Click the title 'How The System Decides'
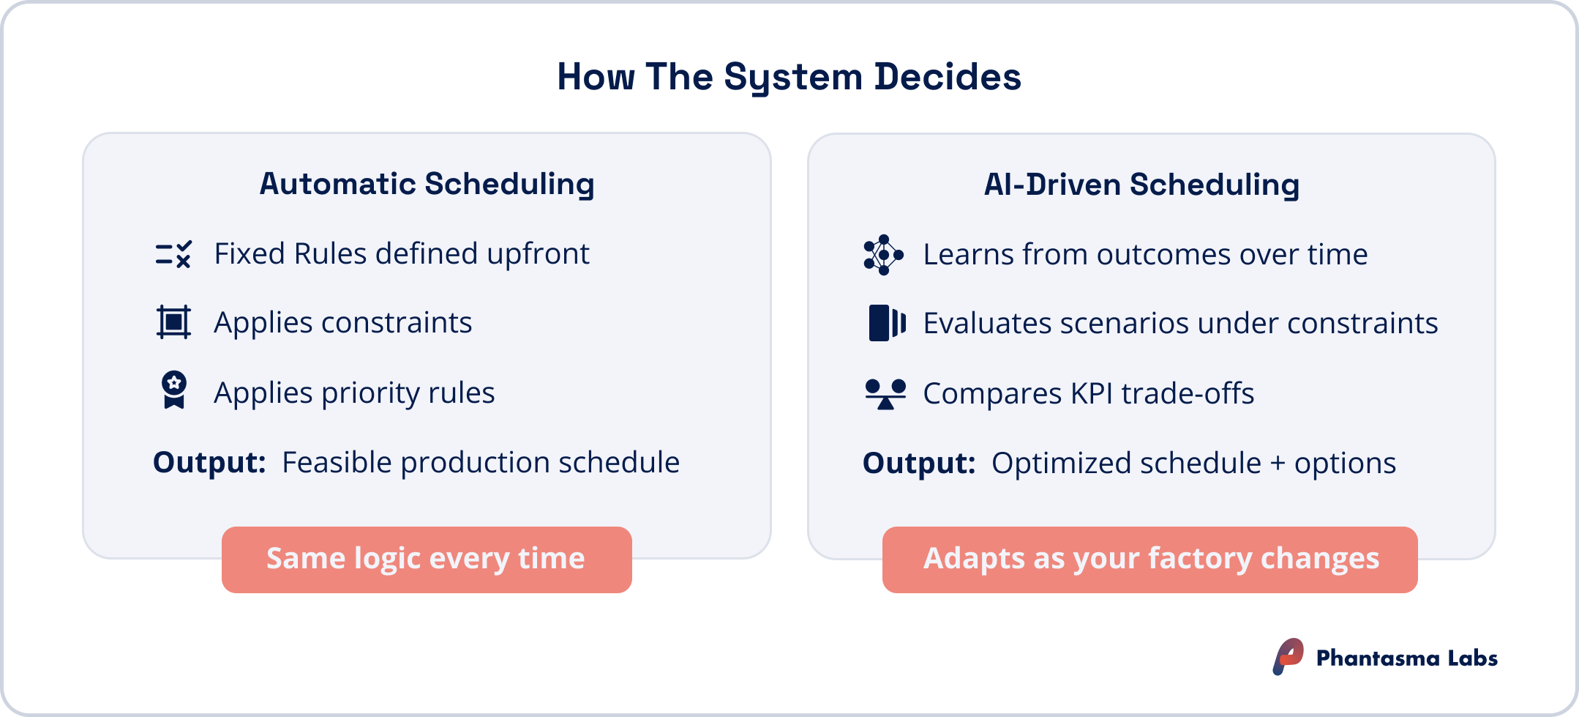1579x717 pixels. (789, 77)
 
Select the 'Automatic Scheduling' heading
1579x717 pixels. (427, 184)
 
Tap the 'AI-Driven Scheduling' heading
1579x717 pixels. (1141, 185)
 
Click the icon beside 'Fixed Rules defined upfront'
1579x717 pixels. (173, 254)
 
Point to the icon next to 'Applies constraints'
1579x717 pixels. (173, 322)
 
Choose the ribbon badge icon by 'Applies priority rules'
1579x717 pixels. (173, 390)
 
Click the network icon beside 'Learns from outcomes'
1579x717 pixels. (883, 255)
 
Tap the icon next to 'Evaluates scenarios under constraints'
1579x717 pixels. (887, 323)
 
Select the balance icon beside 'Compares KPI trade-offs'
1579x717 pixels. (885, 393)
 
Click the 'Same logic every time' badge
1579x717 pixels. (427, 560)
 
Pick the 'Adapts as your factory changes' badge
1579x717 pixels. (1149, 560)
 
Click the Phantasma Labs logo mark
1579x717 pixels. (1288, 656)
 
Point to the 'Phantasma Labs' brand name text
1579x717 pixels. (1406, 658)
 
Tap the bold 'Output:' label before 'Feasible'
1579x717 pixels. (209, 463)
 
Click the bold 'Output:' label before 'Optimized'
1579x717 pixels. (919, 464)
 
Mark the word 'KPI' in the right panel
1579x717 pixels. (1092, 394)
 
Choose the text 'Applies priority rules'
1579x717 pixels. (354, 393)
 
